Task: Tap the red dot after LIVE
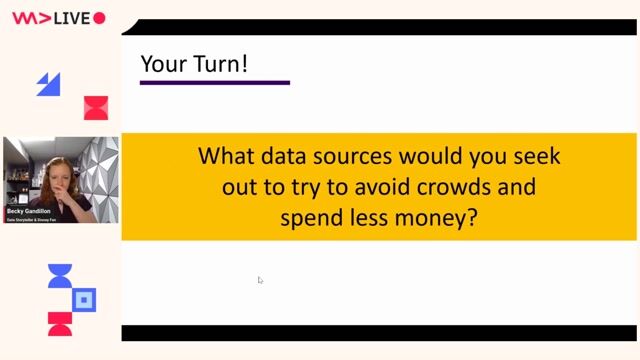tap(98, 18)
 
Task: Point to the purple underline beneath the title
tap(214, 82)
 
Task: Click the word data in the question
tap(282, 157)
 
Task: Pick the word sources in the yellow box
tap(365, 157)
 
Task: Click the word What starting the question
tap(225, 157)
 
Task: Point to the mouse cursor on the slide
tap(260, 280)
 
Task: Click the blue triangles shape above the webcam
tap(48, 84)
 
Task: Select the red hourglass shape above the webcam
tap(96, 108)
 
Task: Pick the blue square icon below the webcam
tap(85, 299)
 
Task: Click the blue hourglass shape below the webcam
tap(60, 277)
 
